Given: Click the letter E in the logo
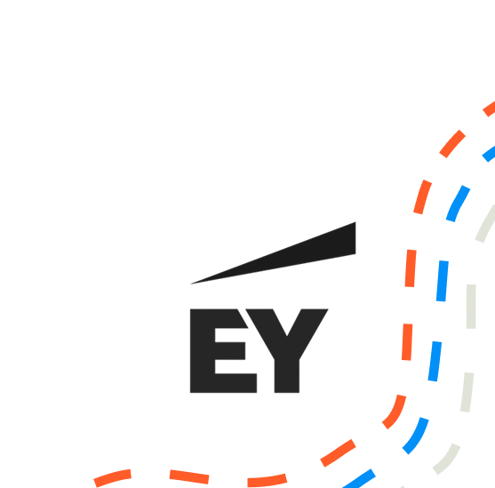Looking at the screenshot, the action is click(203, 350).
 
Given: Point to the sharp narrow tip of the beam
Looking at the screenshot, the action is click(191, 284).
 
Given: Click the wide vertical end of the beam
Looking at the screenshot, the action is click(355, 238).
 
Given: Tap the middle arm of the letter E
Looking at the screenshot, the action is click(230, 350).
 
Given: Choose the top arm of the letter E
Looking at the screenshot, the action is click(230, 318).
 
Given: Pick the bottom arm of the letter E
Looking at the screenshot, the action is click(236, 383).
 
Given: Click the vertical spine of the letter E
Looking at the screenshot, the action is click(203, 350).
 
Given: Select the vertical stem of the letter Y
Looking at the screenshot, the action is click(287, 376).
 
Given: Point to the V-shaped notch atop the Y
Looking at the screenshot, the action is click(287, 335).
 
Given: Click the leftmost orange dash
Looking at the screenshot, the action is click(113, 478).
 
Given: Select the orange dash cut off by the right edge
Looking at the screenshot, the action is click(490, 108).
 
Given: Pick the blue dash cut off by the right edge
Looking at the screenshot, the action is click(489, 154).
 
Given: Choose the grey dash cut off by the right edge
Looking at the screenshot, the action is click(485, 224).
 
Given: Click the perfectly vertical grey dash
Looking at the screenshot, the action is click(471, 307).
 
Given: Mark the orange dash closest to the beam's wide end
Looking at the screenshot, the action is click(411, 268).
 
